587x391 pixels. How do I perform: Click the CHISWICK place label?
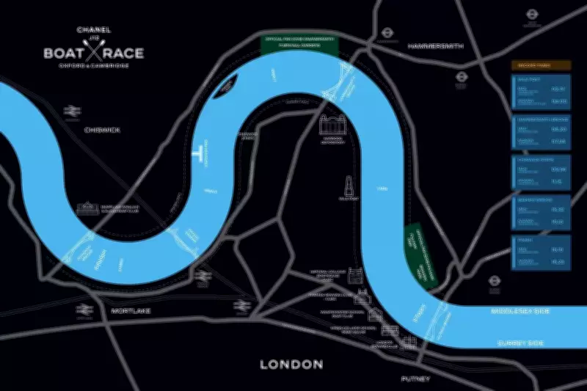101,130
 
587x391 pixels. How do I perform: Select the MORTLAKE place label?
131,311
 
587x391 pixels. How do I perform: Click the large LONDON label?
292,364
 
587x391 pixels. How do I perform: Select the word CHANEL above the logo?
92,30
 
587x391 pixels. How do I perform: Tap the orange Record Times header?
540,65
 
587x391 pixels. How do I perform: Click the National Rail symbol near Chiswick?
72,112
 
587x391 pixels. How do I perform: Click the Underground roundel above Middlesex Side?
495,279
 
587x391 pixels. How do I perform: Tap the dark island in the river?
226,88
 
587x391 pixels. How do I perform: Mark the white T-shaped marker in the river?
197,152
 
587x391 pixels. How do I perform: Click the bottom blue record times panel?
540,250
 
